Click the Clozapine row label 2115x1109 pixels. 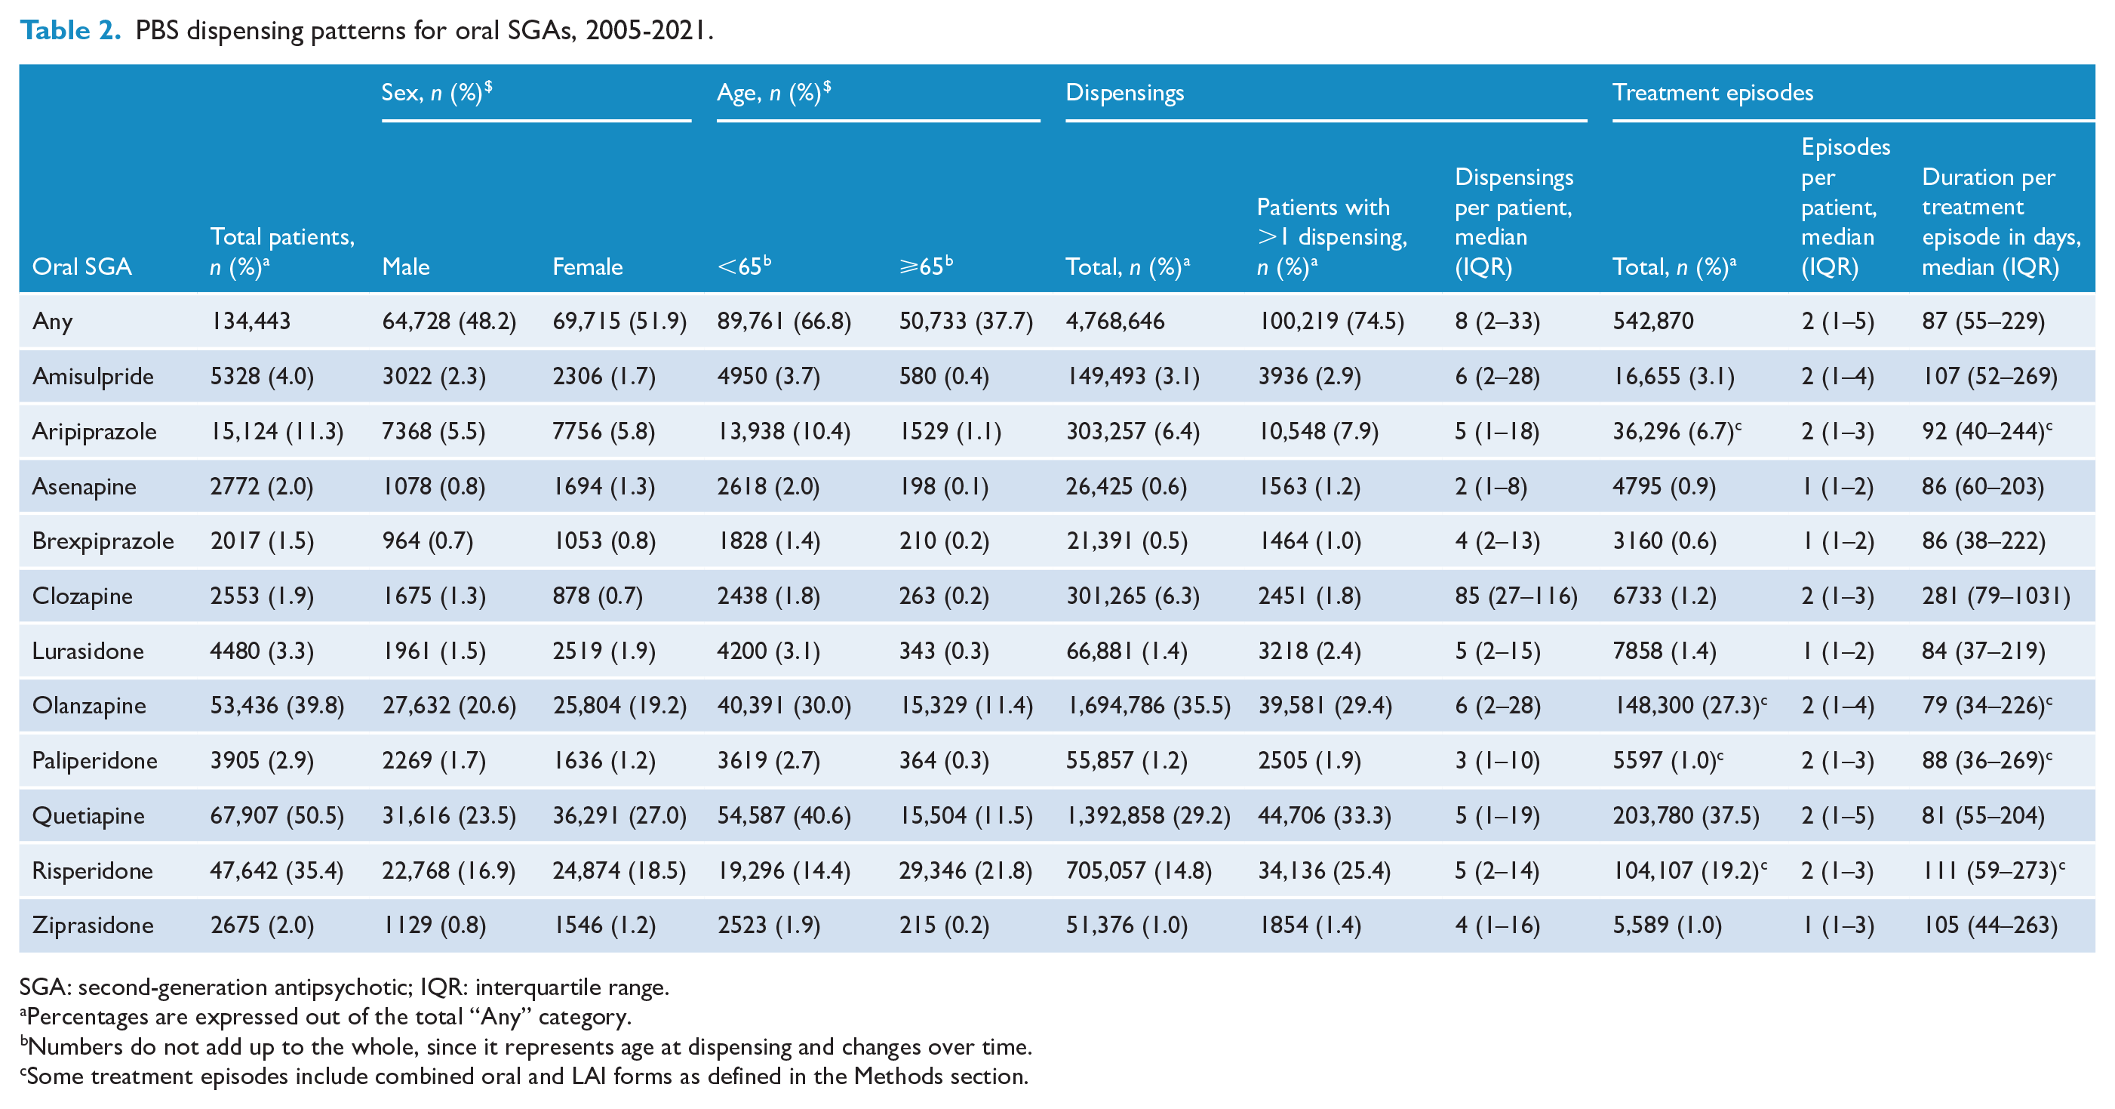82,596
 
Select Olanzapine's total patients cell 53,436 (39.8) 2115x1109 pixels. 277,706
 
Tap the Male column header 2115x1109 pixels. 406,266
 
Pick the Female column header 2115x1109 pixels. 587,266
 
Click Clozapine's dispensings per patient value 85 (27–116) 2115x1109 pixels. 1516,596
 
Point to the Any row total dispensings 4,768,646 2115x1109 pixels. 1115,321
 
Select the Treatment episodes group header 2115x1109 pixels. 1713,92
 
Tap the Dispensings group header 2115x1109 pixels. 1125,92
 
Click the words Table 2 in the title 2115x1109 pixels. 71,30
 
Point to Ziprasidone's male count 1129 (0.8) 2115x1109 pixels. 435,925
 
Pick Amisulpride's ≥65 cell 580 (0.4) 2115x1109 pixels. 944,376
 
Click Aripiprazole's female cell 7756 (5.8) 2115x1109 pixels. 604,431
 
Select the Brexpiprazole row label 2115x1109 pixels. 103,541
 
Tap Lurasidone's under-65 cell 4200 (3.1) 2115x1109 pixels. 768,651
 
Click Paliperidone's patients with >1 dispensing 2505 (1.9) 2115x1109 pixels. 1310,761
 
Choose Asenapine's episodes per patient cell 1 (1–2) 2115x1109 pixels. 1837,486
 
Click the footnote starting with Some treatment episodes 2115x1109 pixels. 524,1076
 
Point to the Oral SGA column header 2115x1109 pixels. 81,266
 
